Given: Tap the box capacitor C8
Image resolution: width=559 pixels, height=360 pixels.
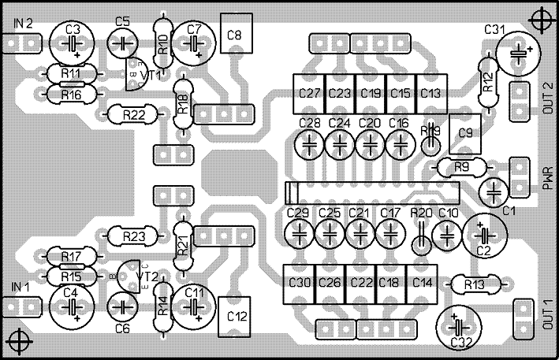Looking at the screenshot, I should pos(234,35).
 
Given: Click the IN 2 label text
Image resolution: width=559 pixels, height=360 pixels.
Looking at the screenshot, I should pos(23,24).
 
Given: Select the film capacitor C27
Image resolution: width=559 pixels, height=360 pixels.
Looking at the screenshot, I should pos(308,93).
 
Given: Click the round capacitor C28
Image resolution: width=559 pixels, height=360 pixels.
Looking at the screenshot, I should pos(310,143).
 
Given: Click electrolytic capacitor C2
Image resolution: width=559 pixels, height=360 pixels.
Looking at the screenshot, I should pos(483,234).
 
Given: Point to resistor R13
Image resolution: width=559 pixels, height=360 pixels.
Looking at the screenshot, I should pos(474,284).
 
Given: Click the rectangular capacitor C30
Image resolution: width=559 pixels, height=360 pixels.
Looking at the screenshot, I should pos(299,282).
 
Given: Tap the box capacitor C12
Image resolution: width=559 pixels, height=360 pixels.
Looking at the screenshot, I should pos(235,316).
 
